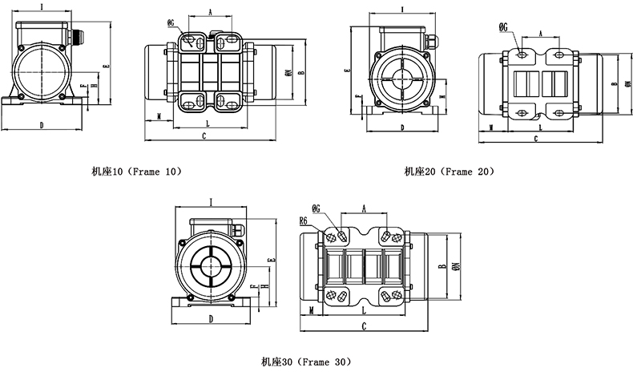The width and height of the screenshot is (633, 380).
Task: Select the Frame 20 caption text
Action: [x=449, y=171]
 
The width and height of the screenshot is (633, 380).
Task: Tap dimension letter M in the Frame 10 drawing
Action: [x=159, y=116]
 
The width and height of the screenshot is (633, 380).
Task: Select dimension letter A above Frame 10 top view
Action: [x=209, y=12]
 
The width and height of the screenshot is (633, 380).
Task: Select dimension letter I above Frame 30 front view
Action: [x=210, y=202]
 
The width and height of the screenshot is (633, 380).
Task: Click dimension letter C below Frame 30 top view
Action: [x=365, y=326]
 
